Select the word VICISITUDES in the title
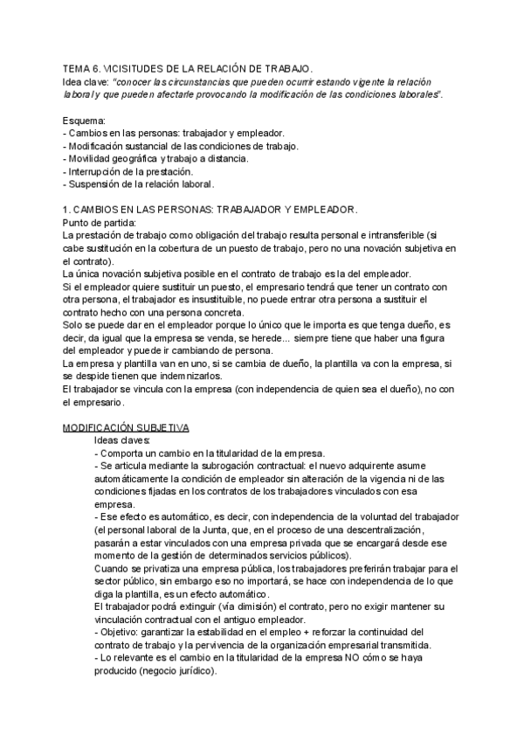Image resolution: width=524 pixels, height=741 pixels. point(139,67)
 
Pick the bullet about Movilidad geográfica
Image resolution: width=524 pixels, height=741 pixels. point(157,158)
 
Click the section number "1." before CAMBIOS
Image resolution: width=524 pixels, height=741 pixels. point(67,211)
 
